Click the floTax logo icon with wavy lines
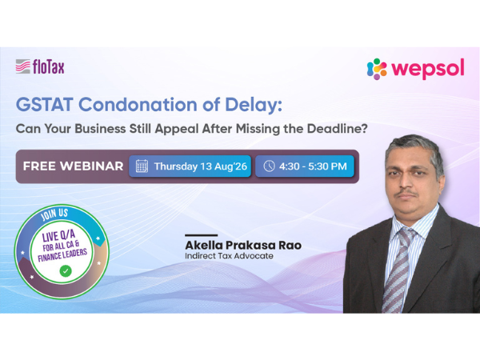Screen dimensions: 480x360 tap(23, 66)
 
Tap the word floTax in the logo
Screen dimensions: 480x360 tap(49, 66)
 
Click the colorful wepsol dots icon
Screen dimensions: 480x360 tap(377, 69)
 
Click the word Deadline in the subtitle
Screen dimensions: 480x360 tap(337, 129)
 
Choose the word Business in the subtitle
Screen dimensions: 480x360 tap(100, 129)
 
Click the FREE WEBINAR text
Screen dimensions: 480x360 tap(73, 166)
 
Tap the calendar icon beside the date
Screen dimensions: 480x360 tap(142, 166)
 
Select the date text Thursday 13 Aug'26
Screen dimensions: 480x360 tap(201, 166)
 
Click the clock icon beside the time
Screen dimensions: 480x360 tap(269, 166)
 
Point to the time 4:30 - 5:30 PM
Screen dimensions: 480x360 tap(313, 166)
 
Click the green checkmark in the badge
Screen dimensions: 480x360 tap(66, 271)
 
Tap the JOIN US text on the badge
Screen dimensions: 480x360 tap(54, 214)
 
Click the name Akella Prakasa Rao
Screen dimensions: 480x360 tap(243, 246)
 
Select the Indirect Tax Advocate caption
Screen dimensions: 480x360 tap(229, 256)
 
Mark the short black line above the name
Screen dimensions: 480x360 tap(201, 235)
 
